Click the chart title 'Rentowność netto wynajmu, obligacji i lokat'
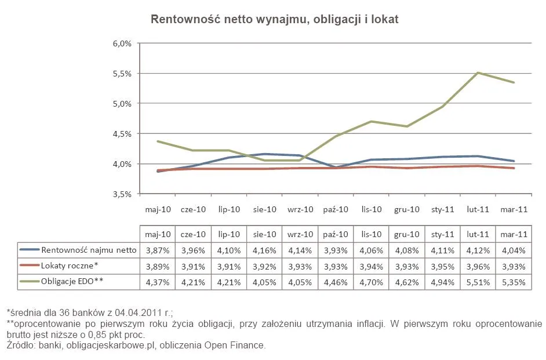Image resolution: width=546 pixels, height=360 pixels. pyautogui.click(x=274, y=19)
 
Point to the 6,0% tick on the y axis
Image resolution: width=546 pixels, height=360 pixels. pyautogui.click(x=122, y=43)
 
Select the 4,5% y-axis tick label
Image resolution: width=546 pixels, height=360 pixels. pyautogui.click(x=122, y=134)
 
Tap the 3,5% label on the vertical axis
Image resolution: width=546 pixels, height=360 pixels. pyautogui.click(x=122, y=194)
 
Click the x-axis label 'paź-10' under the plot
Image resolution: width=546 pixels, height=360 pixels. pyautogui.click(x=336, y=209)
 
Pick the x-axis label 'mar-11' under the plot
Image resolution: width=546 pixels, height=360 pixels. pyautogui.click(x=514, y=209)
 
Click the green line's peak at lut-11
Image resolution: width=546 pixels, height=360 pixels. pyautogui.click(x=479, y=72)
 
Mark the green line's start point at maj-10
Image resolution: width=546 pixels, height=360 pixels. pyautogui.click(x=158, y=141)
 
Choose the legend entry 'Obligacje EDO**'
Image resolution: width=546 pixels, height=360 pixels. pyautogui.click(x=72, y=282)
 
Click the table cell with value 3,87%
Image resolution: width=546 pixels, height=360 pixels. pyautogui.click(x=158, y=250)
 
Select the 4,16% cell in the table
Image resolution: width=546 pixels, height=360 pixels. pyautogui.click(x=264, y=250)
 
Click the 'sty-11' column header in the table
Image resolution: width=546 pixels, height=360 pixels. pyautogui.click(x=442, y=235)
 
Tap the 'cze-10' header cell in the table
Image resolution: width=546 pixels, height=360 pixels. pyautogui.click(x=193, y=235)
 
